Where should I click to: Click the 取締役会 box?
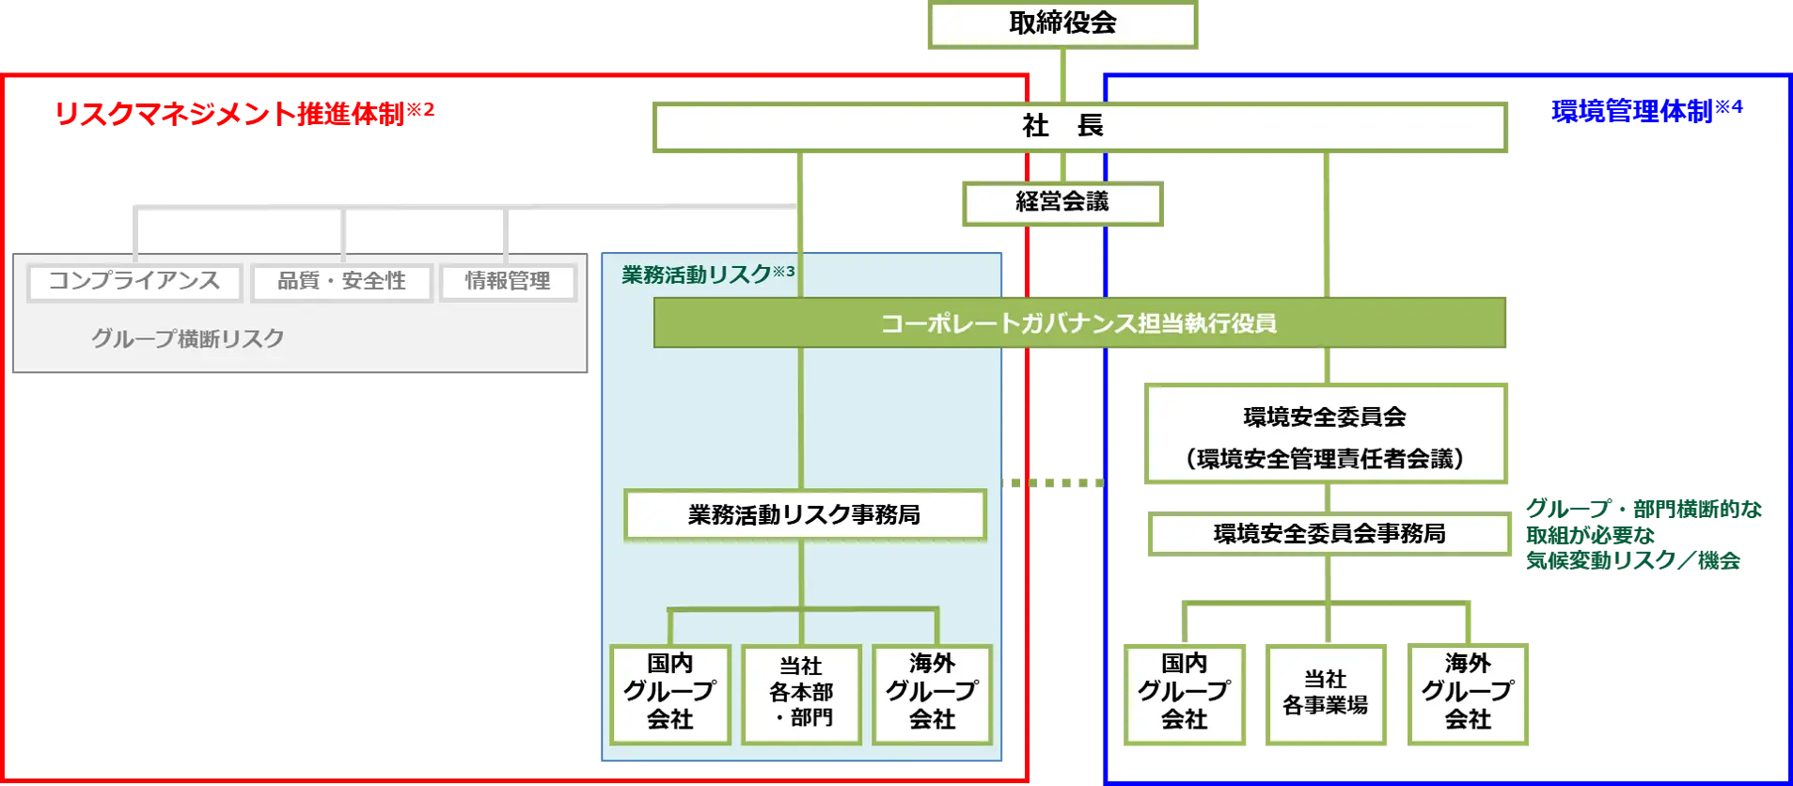[x=1063, y=24]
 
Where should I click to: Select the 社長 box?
[x=1079, y=127]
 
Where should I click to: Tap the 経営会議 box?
[x=1061, y=203]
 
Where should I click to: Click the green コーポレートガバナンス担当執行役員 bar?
[x=1079, y=323]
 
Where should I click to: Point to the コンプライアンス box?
[x=134, y=281]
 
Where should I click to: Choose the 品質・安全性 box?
[x=341, y=281]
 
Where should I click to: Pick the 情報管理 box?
[x=508, y=281]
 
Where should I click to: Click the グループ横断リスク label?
[x=187, y=338]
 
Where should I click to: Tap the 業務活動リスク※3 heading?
[x=707, y=274]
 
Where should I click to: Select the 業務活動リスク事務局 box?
[x=804, y=514]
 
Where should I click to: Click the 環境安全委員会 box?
[x=1326, y=434]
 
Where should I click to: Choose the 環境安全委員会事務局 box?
[x=1329, y=533]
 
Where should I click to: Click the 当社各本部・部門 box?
[x=801, y=693]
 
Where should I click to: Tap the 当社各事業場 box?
[x=1326, y=693]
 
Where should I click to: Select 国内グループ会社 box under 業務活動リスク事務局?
[x=669, y=693]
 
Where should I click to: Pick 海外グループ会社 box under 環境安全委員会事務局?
[x=1469, y=693]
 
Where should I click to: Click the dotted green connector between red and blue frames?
[x=1053, y=481]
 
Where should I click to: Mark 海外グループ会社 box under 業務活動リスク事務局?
[x=932, y=693]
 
